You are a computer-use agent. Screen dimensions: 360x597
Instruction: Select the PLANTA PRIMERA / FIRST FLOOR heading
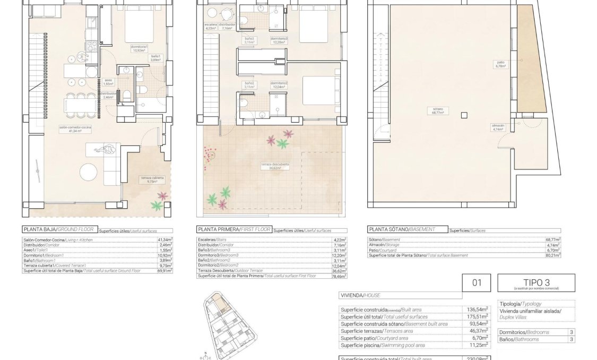pos(233,229)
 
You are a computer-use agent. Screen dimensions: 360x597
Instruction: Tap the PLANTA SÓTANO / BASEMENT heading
pos(401,229)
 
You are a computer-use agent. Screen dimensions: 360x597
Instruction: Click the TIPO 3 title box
pos(535,282)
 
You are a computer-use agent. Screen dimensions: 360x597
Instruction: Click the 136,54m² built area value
pos(477,309)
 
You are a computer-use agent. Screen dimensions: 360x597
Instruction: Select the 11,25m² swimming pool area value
pos(477,345)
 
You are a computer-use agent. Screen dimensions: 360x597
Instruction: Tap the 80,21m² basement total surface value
pos(552,255)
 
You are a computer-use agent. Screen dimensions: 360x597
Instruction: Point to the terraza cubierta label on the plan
pos(152,179)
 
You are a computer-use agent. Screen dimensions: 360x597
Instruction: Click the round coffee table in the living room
pos(89,172)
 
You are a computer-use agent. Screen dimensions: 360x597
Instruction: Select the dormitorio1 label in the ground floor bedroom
pos(139,48)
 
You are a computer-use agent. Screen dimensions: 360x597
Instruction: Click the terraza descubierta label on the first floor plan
pos(275,166)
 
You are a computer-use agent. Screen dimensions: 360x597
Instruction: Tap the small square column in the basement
pos(464,115)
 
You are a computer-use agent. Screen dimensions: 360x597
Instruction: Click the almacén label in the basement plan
pos(498,126)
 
